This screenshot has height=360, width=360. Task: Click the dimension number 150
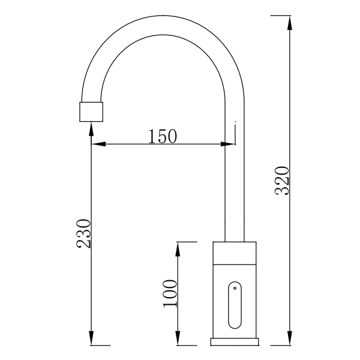(x=163, y=136)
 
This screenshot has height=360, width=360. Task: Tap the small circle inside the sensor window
(x=235, y=289)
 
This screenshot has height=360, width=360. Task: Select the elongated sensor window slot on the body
(x=235, y=305)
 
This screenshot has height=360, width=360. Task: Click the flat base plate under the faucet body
(x=235, y=342)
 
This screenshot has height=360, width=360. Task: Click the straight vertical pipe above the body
(x=235, y=180)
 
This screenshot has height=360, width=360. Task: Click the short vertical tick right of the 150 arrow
(x=236, y=133)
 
